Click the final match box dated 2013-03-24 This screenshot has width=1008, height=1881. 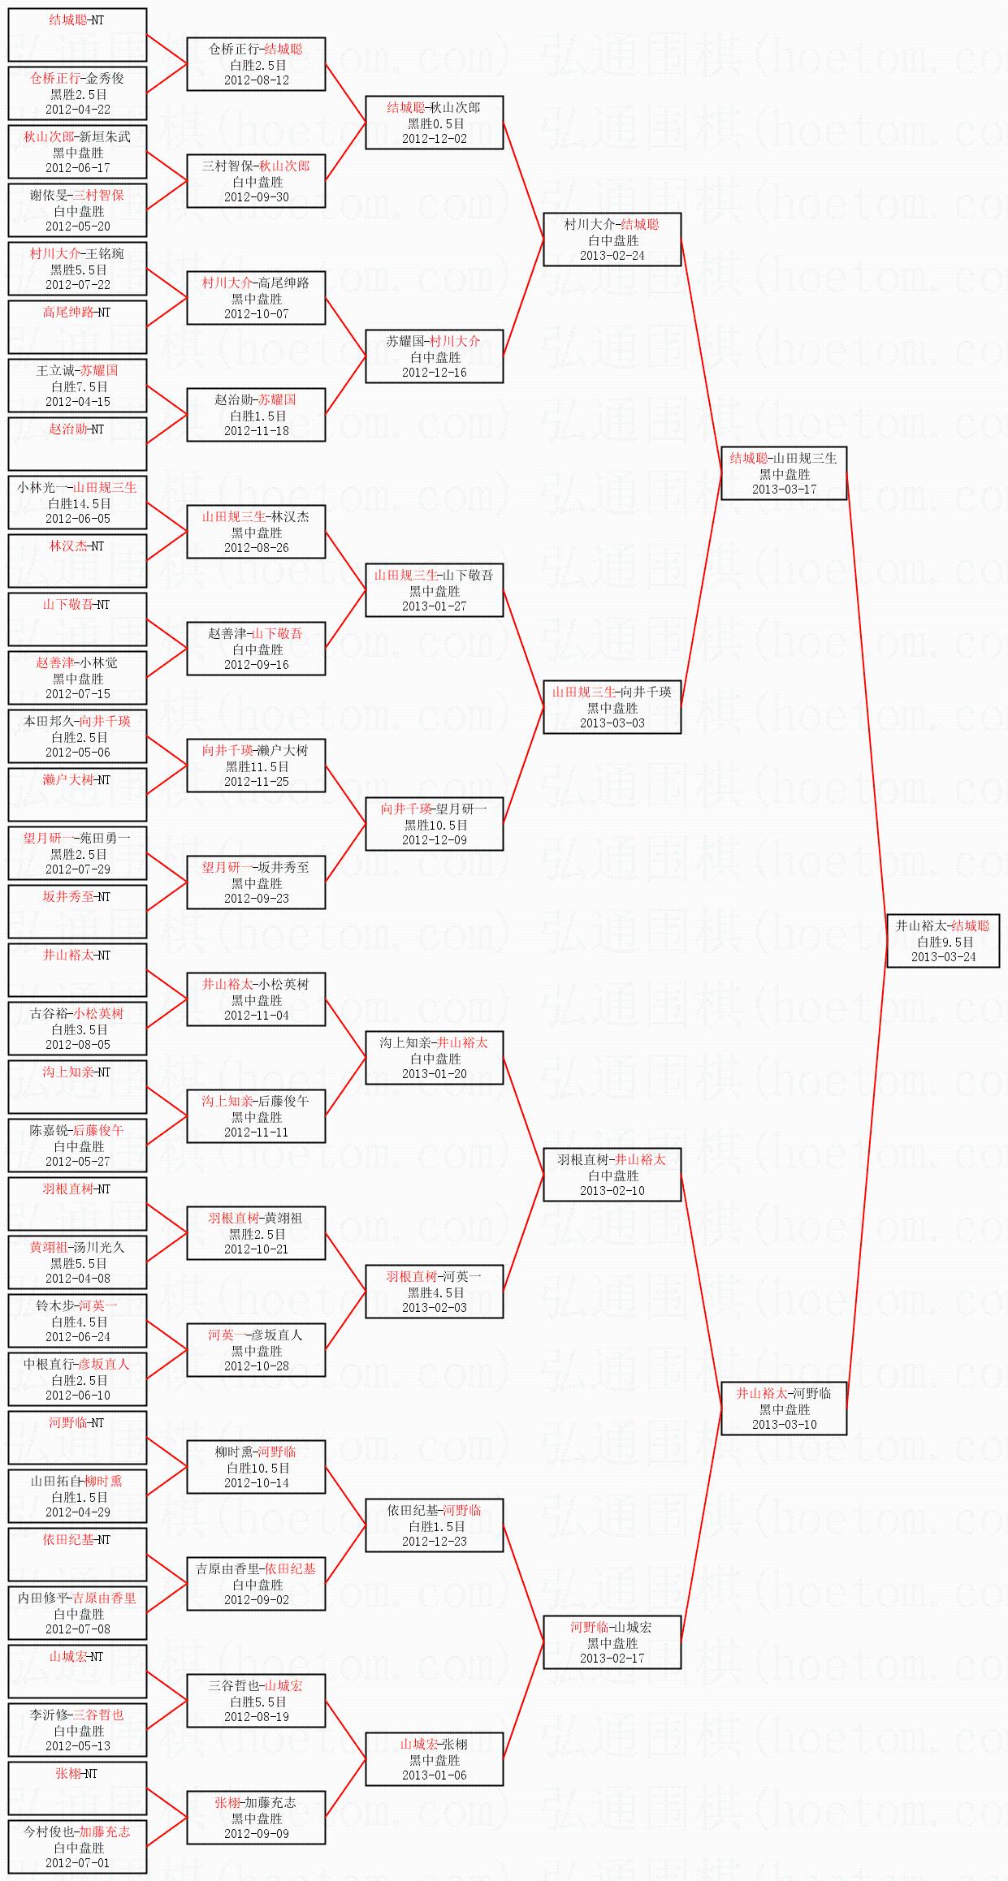(942, 941)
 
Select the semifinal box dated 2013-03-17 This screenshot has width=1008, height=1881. (784, 473)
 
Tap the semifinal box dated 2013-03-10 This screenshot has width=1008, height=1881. (784, 1409)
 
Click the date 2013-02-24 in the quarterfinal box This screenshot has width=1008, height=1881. (612, 256)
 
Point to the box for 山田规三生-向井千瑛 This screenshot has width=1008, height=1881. (612, 707)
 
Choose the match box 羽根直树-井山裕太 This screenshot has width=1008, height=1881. (612, 1175)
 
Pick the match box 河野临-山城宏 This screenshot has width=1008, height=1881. (612, 1642)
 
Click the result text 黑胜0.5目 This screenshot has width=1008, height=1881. (435, 124)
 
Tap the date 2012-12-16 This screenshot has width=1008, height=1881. (434, 373)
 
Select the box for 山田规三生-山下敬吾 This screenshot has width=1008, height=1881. (434, 590)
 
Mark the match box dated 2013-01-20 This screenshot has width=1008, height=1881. (434, 1058)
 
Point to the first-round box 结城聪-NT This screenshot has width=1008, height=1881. (77, 35)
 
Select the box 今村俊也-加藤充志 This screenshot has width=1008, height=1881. (77, 1847)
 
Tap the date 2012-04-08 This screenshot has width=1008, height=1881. (77, 1279)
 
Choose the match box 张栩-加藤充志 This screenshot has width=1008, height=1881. (256, 1818)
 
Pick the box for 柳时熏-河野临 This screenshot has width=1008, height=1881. (256, 1467)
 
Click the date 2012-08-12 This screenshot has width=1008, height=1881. (256, 80)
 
